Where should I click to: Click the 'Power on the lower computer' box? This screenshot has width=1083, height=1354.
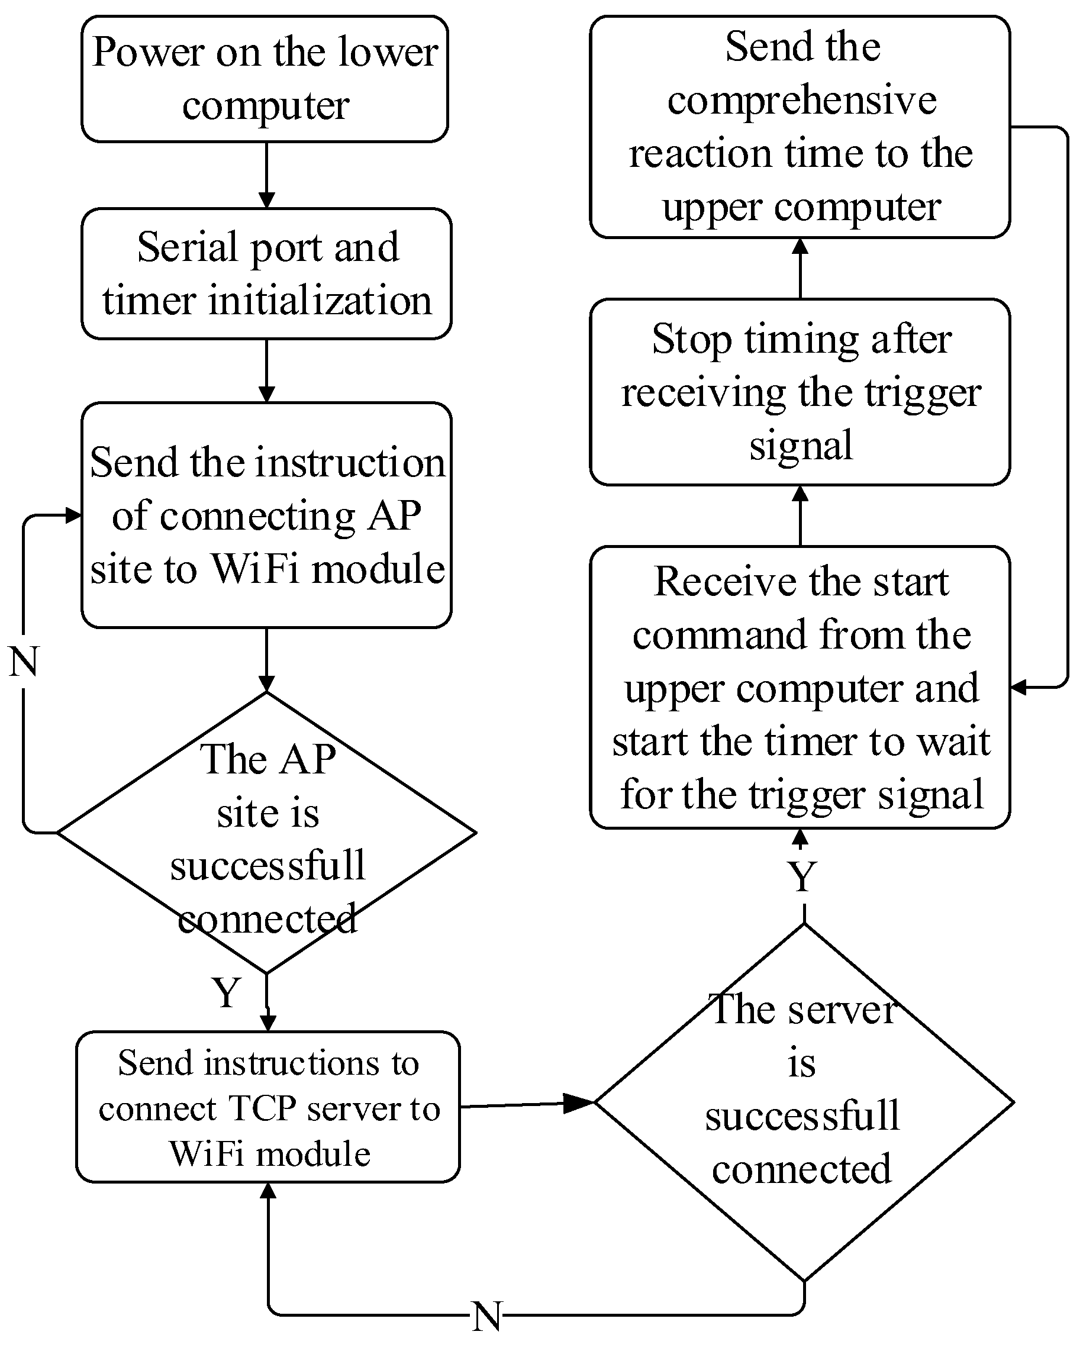(x=265, y=79)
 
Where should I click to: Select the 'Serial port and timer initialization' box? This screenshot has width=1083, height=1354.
(x=266, y=274)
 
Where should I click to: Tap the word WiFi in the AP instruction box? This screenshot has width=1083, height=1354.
(x=257, y=569)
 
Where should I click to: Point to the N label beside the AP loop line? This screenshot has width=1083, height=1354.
(x=24, y=661)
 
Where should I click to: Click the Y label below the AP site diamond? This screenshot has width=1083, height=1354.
(x=226, y=993)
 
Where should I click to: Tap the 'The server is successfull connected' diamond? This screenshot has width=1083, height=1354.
(x=804, y=1102)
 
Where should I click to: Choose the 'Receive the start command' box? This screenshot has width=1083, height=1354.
(x=800, y=688)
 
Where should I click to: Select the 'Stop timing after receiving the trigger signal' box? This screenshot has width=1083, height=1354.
(x=800, y=392)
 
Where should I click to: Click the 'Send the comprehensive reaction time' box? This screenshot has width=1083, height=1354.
(x=800, y=127)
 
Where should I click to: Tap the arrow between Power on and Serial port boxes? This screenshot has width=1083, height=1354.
(x=266, y=175)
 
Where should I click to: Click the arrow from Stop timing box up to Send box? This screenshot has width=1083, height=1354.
(x=800, y=268)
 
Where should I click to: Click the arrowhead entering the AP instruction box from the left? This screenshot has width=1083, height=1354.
(x=73, y=515)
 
